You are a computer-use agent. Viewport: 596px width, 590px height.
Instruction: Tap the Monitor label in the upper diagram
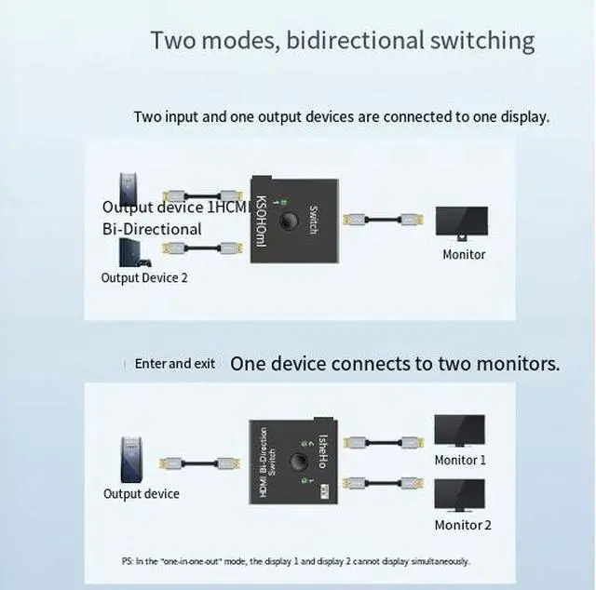click(464, 254)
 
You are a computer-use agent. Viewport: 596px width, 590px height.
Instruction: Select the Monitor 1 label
click(460, 460)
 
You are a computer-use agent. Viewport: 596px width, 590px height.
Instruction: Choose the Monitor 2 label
click(463, 525)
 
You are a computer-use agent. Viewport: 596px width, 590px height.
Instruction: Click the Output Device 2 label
click(144, 277)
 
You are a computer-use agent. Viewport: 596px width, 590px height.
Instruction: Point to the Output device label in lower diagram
click(142, 493)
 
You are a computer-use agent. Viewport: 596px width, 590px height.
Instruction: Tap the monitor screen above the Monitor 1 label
click(459, 430)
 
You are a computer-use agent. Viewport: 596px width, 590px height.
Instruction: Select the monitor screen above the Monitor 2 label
click(459, 494)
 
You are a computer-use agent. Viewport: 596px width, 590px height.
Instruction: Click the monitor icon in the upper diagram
click(462, 222)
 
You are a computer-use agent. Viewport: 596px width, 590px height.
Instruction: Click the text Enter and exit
click(175, 364)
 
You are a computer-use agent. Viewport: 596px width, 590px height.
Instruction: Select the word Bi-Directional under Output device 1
click(152, 229)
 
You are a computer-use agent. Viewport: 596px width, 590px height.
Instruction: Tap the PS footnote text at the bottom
click(295, 561)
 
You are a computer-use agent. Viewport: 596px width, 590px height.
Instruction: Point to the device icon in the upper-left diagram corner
click(129, 189)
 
